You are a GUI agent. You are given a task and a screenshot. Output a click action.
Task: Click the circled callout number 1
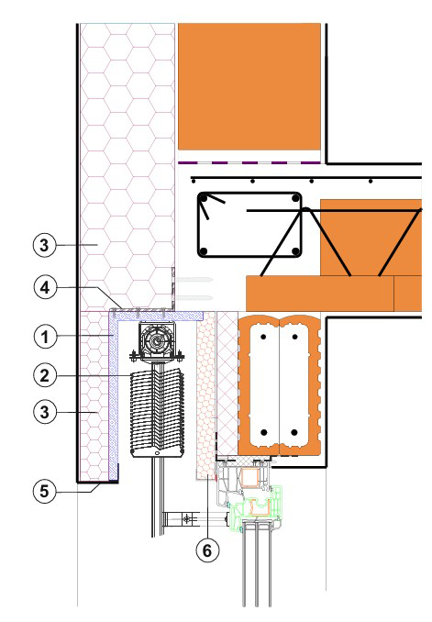pos(45,338)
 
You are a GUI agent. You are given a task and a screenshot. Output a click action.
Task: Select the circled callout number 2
pos(45,375)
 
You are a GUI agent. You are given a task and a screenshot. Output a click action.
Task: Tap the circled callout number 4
pos(45,287)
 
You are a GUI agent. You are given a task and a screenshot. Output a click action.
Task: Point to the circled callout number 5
pos(44,492)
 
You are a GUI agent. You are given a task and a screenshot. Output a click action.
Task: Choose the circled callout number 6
pos(207,550)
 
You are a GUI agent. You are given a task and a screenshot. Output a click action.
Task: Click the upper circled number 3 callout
pos(44,245)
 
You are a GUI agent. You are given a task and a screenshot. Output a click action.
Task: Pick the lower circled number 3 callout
pos(44,412)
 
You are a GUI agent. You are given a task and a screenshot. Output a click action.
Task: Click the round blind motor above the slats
pos(158,340)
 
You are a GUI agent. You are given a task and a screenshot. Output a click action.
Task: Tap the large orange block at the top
pos(249,86)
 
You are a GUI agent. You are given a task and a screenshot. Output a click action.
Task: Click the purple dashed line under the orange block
pos(249,162)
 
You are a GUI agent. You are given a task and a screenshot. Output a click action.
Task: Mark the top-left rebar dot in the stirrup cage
pos(204,197)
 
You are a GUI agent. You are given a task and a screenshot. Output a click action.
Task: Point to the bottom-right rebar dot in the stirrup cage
pos(295,251)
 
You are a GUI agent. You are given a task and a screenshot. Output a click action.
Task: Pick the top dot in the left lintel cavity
pos(263,337)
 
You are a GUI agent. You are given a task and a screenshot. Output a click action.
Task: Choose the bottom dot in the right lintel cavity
pos(294,432)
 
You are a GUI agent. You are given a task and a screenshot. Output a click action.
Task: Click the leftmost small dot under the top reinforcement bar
pos(194,182)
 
